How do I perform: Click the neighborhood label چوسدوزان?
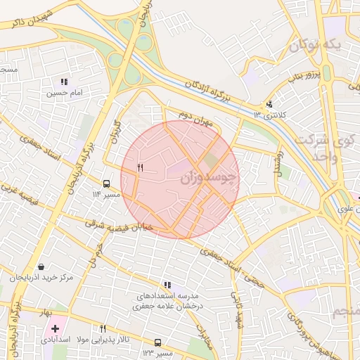209,178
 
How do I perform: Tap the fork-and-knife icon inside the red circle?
140,167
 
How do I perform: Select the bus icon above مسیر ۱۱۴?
106,183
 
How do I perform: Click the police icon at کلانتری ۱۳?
269,105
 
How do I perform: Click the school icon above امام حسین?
65,82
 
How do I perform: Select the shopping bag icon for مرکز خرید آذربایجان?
41,267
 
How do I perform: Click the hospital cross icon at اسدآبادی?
55,328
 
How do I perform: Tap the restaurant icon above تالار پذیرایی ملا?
103,328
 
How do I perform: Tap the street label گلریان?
115,133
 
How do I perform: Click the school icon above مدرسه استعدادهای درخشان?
167,285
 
